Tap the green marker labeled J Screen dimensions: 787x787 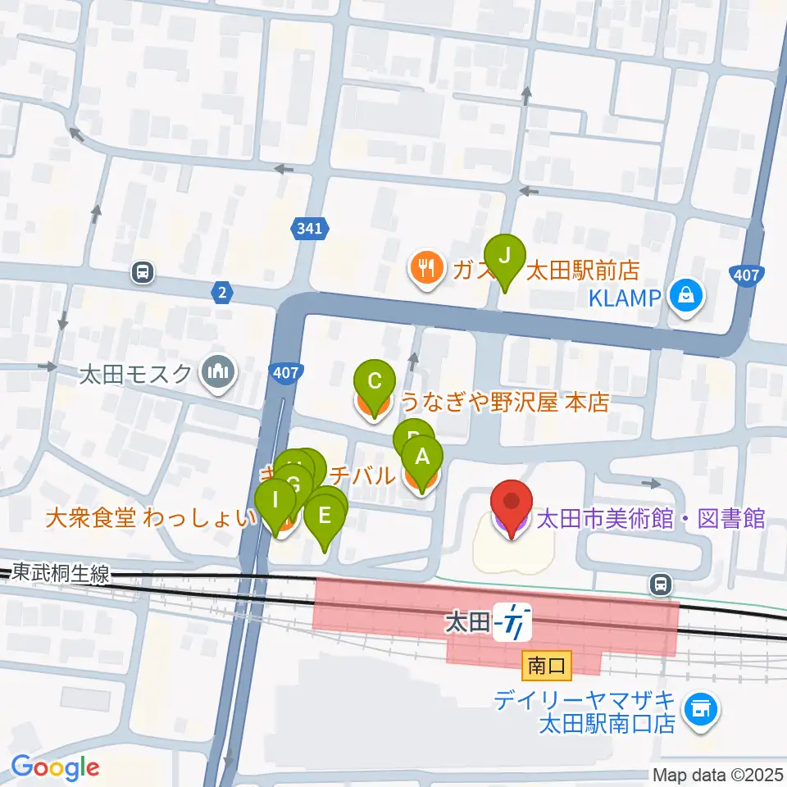[505, 256]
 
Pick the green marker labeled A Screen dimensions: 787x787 [422, 459]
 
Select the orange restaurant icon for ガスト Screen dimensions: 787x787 [425, 270]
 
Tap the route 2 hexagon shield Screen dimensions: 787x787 [221, 292]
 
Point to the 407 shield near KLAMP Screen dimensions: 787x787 [747, 276]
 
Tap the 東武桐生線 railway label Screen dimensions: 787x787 [61, 575]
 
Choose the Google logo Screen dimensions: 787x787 [55, 768]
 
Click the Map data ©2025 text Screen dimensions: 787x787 [717, 775]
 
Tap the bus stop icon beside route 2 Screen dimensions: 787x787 [143, 271]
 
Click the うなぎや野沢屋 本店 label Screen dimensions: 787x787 [504, 402]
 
